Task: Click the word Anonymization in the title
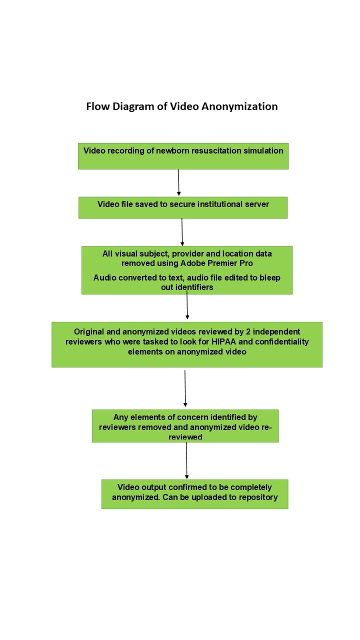pyautogui.click(x=239, y=106)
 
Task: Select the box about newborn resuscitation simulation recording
pyautogui.click(x=183, y=156)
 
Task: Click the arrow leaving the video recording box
pyautogui.click(x=178, y=182)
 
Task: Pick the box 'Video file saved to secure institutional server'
pyautogui.click(x=183, y=207)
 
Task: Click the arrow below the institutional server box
pyautogui.click(x=182, y=232)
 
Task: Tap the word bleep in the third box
pyautogui.click(x=269, y=277)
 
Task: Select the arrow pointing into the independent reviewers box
pyautogui.click(x=187, y=304)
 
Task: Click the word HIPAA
pyautogui.click(x=223, y=341)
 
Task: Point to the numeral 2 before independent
pyautogui.click(x=248, y=331)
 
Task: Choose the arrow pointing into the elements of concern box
pyautogui.click(x=185, y=388)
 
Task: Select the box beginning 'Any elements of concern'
pyautogui.click(x=185, y=426)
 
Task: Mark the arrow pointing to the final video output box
pyautogui.click(x=186, y=460)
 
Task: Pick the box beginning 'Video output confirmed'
pyautogui.click(x=195, y=494)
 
